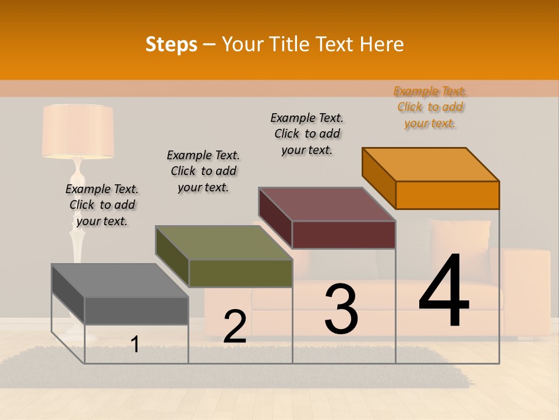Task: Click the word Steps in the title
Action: [171, 44]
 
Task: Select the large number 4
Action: [444, 292]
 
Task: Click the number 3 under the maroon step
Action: [341, 309]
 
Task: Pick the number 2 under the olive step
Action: [235, 327]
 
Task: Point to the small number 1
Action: [135, 344]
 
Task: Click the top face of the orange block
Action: [431, 164]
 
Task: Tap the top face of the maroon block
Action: [327, 204]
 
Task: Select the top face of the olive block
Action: [224, 243]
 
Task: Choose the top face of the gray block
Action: [120, 281]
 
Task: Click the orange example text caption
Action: [430, 107]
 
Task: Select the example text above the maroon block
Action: [307, 134]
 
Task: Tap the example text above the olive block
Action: [203, 171]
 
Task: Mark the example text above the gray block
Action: [102, 205]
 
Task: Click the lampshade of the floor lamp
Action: [77, 131]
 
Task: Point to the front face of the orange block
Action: [447, 195]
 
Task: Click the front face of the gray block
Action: [136, 310]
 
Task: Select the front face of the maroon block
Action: [344, 235]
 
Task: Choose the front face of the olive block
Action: [240, 273]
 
